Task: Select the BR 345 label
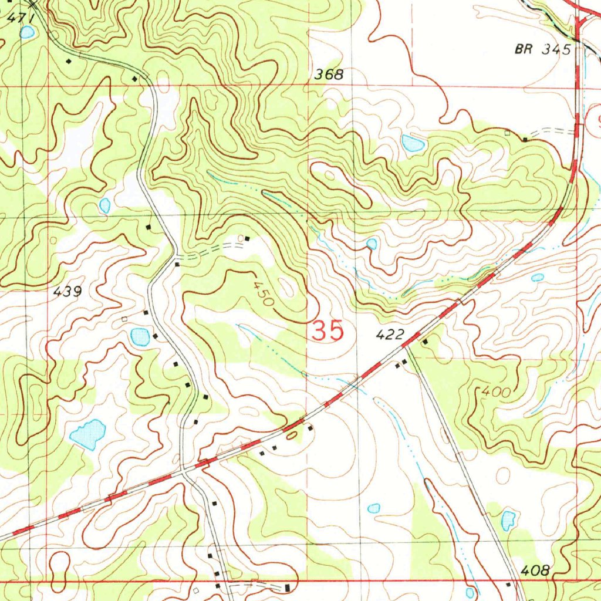(542, 50)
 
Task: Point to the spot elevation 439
(67, 291)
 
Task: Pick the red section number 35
(327, 332)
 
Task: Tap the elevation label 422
(390, 335)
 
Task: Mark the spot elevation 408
(535, 570)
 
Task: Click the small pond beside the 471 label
(26, 32)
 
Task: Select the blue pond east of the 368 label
(413, 143)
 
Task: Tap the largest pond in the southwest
(88, 434)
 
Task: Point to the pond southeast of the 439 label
(140, 336)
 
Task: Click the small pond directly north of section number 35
(372, 244)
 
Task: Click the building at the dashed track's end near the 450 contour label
(247, 238)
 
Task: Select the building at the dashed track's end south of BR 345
(525, 140)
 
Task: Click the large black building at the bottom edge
(287, 588)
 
